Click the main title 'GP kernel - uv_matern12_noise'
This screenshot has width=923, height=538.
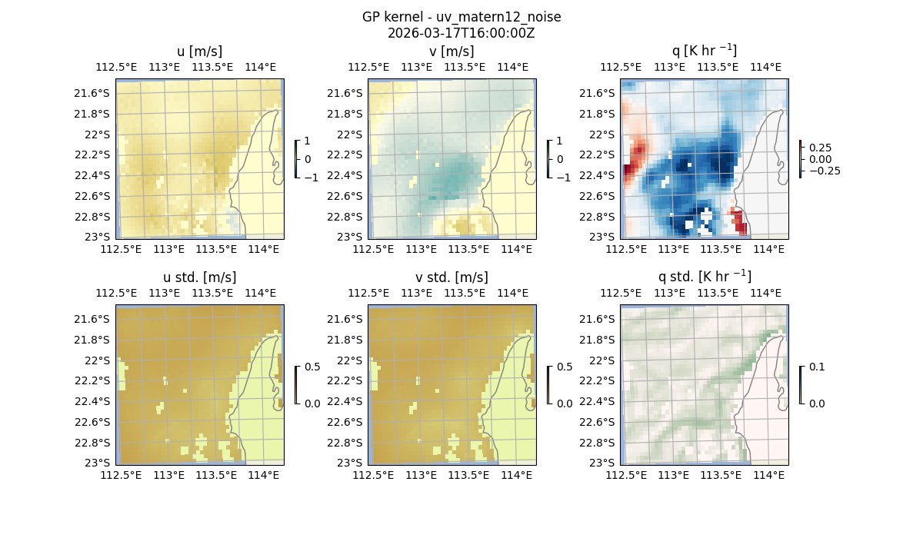[x=461, y=17]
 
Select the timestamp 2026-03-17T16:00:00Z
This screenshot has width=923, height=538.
[x=461, y=33]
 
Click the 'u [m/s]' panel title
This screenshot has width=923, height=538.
[x=199, y=51]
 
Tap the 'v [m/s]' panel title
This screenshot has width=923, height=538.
[x=452, y=51]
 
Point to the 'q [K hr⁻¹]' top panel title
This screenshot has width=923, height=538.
[x=704, y=51]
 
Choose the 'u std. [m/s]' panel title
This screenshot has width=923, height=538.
[x=199, y=277]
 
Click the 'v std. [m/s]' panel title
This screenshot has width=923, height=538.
[x=452, y=277]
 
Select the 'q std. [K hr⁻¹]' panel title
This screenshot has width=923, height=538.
[x=704, y=277]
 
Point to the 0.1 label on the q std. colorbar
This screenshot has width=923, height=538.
[x=815, y=367]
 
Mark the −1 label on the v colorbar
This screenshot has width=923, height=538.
[x=564, y=178]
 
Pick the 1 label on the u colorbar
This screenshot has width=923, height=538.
[x=308, y=141]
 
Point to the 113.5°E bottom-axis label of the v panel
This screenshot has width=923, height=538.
[x=469, y=249]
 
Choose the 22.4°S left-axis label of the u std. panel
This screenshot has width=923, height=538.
[x=92, y=401]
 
